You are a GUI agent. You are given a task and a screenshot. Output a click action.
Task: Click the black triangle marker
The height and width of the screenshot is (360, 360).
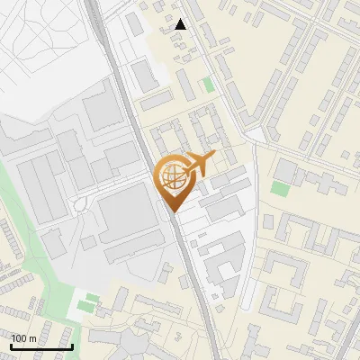click(181, 24)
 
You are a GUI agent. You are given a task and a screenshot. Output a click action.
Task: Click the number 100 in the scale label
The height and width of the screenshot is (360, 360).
click(19, 338)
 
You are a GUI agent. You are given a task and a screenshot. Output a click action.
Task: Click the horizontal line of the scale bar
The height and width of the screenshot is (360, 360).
click(40, 346)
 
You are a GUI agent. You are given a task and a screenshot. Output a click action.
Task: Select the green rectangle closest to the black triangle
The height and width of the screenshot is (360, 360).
click(209, 85)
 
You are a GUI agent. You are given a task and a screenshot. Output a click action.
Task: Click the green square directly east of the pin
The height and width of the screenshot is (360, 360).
click(280, 189)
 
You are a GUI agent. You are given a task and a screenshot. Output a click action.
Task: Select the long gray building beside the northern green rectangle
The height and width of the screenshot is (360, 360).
click(184, 85)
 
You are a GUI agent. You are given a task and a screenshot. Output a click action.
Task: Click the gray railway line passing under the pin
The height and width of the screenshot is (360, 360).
click(191, 261)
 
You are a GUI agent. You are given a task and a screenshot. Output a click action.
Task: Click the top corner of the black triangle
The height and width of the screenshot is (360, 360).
click(181, 19)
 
